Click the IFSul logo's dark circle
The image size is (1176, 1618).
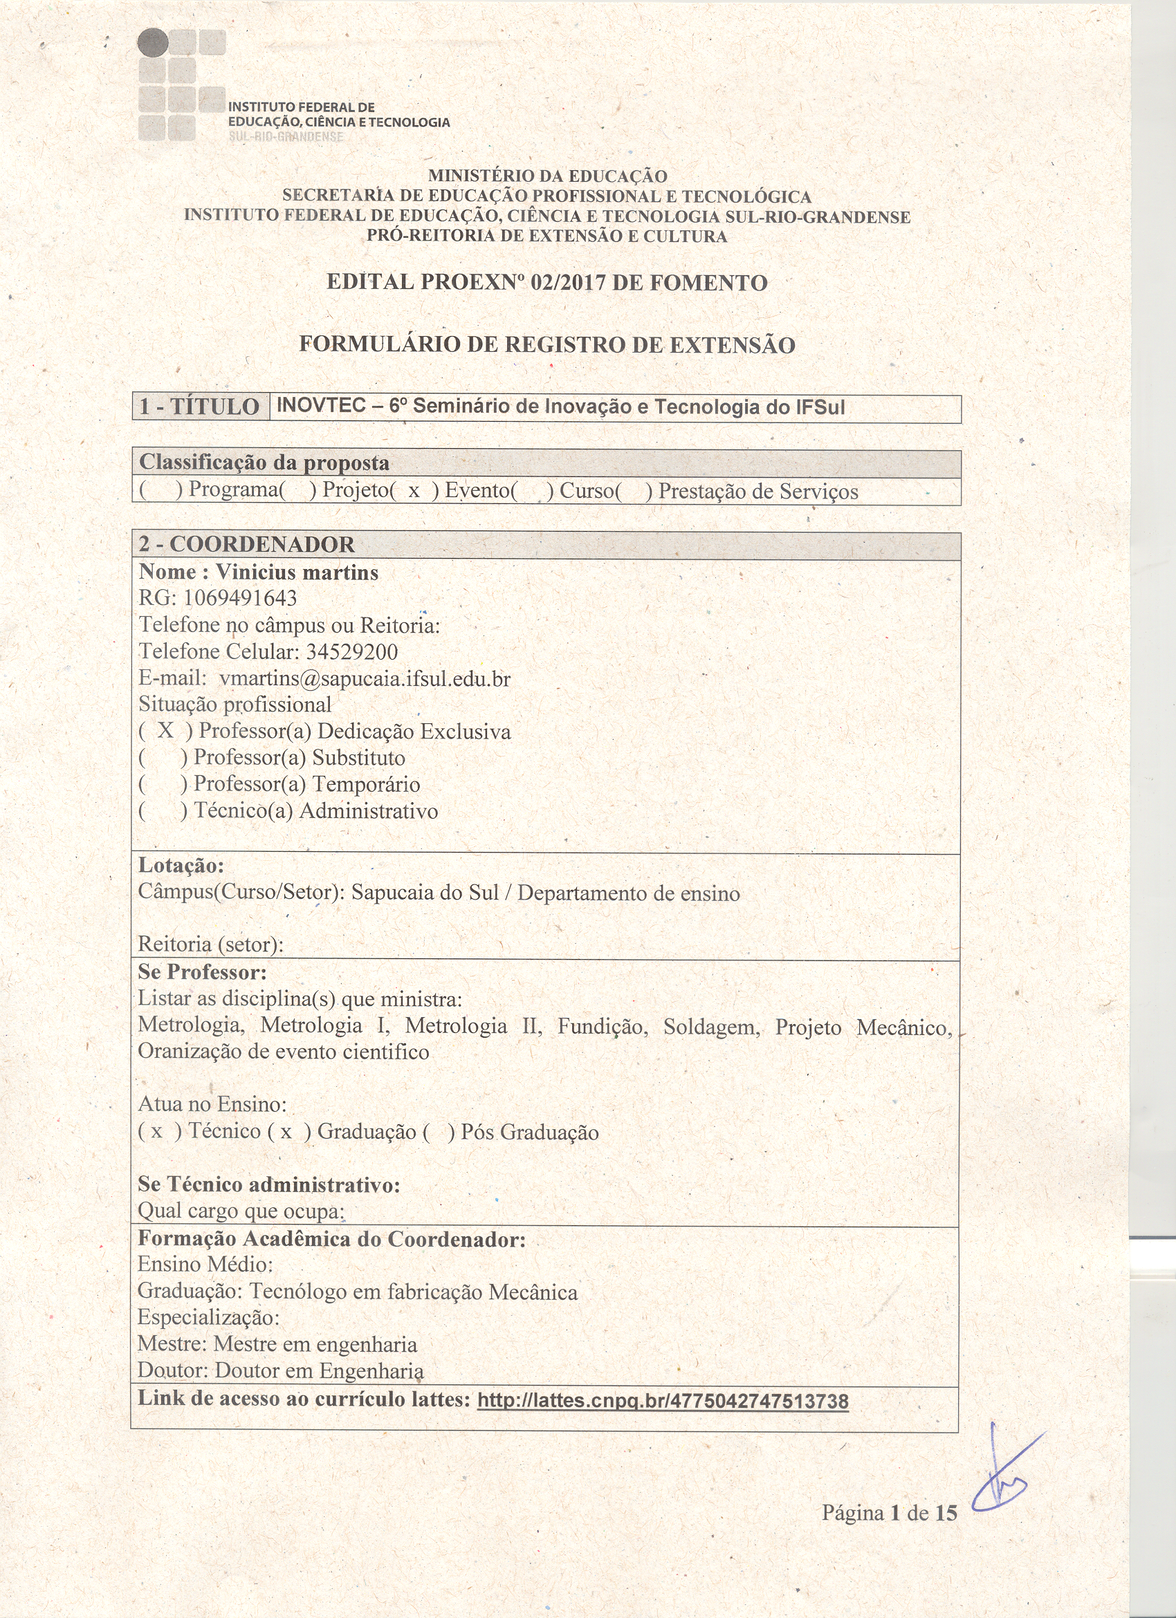(x=153, y=43)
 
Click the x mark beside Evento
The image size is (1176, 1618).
(x=413, y=492)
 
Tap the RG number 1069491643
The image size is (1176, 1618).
(x=240, y=598)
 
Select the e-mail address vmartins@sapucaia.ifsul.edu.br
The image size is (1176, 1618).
(x=365, y=678)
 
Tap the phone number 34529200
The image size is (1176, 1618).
(x=352, y=651)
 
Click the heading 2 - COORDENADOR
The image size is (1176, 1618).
(x=246, y=544)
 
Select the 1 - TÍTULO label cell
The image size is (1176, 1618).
(x=200, y=407)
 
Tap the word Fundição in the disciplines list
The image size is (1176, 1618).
(x=603, y=1027)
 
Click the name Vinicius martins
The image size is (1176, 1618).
(x=297, y=572)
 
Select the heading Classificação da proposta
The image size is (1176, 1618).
(x=264, y=463)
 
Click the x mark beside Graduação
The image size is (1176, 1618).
(x=286, y=1131)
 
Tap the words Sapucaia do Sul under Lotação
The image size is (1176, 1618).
(x=425, y=893)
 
